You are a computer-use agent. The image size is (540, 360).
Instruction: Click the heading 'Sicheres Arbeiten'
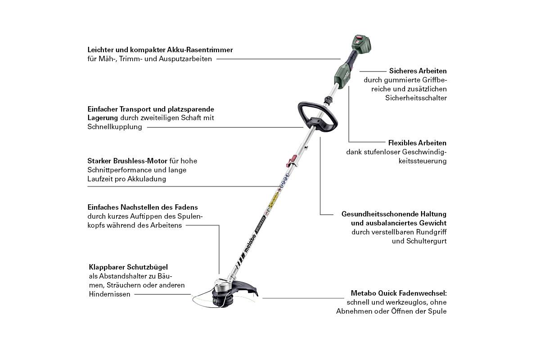(418, 71)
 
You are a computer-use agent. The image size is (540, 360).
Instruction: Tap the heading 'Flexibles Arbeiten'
(417, 143)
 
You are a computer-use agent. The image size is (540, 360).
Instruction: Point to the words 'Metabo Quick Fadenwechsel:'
(399, 293)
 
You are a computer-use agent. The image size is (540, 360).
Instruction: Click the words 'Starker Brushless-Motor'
(127, 161)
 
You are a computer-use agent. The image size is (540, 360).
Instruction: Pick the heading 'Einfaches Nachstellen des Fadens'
(142, 207)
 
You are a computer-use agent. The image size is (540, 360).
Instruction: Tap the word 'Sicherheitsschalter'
(416, 98)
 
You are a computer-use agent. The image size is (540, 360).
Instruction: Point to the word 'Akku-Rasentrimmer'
(202, 49)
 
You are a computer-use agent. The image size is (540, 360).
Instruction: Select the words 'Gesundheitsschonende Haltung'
(394, 214)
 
